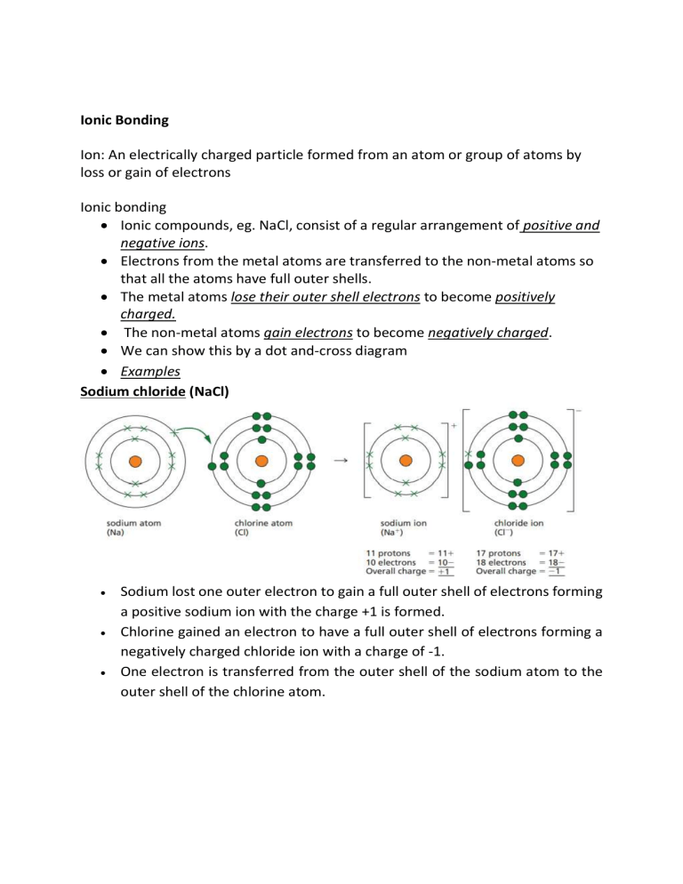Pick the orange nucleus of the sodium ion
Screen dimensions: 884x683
tap(406, 461)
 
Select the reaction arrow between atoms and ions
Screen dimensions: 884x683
tap(341, 462)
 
